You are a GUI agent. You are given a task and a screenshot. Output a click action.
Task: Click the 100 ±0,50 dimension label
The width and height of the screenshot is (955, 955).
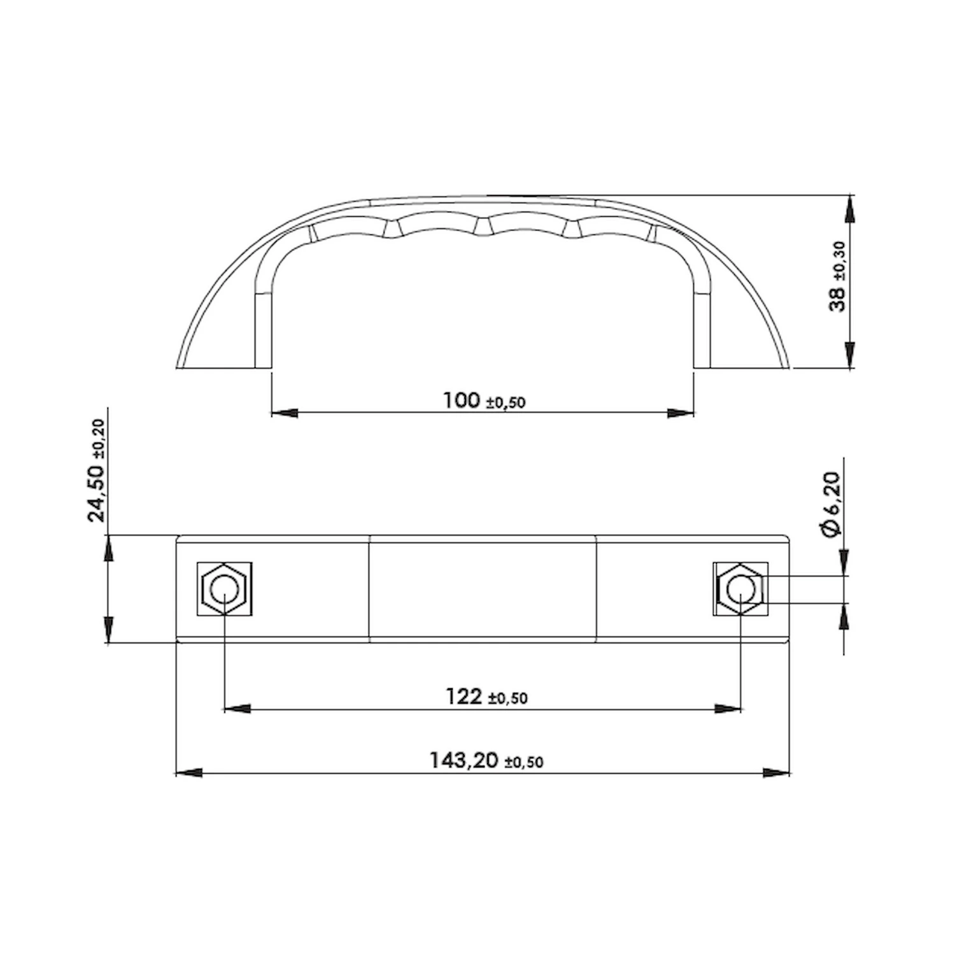pos(485,400)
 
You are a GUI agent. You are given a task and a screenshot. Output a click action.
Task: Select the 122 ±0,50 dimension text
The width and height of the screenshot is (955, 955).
pos(486,697)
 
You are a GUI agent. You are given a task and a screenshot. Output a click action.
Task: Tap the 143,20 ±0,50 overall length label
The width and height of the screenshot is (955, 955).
pos(486,760)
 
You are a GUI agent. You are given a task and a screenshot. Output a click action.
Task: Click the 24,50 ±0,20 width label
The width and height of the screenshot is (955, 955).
pos(97,470)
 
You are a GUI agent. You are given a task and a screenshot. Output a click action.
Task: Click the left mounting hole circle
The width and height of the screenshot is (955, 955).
pos(224,589)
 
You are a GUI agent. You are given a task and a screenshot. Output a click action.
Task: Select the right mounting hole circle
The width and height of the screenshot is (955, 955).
pos(740,589)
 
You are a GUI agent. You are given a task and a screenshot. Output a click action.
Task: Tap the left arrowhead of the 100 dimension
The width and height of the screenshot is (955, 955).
pos(285,413)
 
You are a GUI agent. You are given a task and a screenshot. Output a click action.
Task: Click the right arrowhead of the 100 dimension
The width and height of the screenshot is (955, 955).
pos(681,413)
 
